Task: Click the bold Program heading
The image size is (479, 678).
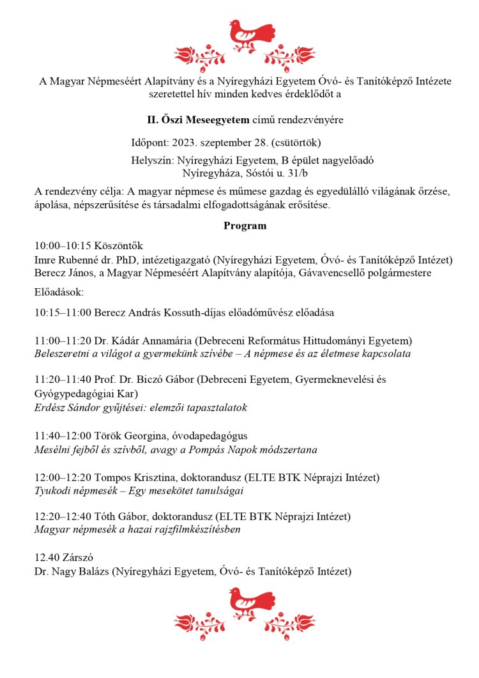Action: [245, 226]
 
